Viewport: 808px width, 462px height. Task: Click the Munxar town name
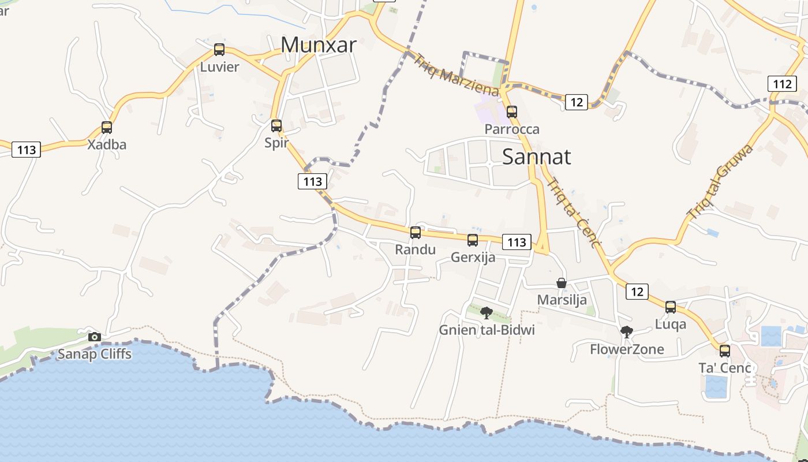tap(319, 44)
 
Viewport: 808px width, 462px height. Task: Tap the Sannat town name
tap(537, 157)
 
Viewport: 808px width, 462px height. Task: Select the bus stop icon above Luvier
tap(219, 50)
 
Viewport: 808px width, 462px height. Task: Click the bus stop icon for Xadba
tap(107, 128)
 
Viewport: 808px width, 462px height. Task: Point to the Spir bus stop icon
tap(276, 125)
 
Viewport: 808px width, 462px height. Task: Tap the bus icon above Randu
tap(416, 233)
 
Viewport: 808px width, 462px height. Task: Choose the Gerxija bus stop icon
tap(473, 240)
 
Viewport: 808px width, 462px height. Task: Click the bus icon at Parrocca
tap(512, 112)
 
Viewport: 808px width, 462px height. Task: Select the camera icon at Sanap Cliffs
tap(95, 337)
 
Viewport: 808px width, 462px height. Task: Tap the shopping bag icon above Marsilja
tap(562, 283)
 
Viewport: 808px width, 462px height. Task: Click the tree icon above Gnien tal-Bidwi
tap(487, 313)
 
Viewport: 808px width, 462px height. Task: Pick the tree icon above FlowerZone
tap(627, 332)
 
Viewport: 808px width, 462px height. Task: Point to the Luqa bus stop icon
tap(671, 307)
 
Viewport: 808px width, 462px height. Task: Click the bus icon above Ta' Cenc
tap(725, 351)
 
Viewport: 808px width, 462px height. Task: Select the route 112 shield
tap(782, 84)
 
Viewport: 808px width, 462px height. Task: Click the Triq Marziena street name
tap(456, 74)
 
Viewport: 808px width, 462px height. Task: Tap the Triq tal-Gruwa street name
tap(720, 181)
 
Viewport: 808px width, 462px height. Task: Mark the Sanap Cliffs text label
tap(94, 354)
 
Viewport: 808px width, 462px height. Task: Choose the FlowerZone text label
tap(627, 349)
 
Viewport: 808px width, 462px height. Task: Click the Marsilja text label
tap(562, 300)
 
